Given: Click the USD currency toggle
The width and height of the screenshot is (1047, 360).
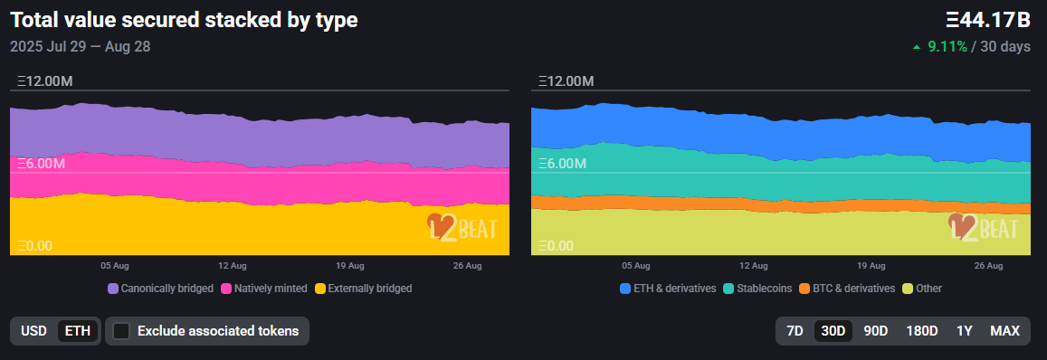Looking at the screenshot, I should click(33, 331).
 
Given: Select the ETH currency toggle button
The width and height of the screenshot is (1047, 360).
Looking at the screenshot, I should click(78, 331).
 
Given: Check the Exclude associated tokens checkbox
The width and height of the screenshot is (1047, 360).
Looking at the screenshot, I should click(120, 331).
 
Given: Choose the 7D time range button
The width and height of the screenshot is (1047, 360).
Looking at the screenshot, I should click(795, 331).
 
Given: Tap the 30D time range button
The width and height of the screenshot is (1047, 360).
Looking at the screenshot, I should click(833, 331).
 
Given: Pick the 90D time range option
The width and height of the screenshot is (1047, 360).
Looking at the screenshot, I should click(875, 331).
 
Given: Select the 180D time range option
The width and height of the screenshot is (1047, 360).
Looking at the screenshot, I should click(922, 331).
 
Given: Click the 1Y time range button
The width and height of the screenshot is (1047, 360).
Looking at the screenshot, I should click(965, 331).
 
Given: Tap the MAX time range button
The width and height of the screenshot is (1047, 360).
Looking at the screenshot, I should click(1004, 331).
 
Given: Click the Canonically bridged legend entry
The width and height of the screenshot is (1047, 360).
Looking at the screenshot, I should click(160, 289).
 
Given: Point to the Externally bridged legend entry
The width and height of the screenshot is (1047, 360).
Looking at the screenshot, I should click(363, 289).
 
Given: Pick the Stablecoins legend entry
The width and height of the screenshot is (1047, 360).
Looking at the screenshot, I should click(757, 289).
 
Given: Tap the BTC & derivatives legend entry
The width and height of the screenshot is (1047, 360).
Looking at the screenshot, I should click(847, 289).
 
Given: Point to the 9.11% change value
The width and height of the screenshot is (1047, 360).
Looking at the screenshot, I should click(947, 46).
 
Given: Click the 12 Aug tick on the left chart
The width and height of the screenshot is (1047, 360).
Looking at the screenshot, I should click(233, 266).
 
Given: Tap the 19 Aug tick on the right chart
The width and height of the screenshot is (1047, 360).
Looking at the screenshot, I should click(871, 266).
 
